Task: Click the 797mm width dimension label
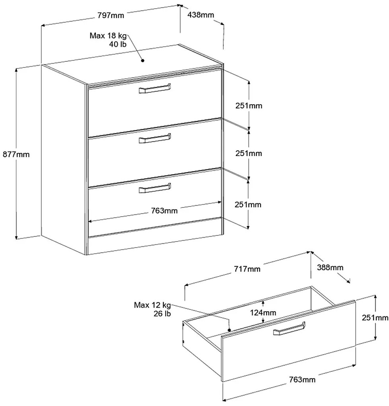[111, 16]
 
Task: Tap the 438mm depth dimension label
[201, 15]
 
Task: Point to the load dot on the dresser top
[142, 61]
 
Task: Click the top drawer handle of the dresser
[155, 89]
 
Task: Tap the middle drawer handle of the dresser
[155, 138]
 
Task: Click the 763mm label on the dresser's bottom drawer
[164, 210]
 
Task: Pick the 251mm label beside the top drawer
[249, 106]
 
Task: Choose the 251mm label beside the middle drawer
[249, 153]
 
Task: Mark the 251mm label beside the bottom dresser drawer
[248, 205]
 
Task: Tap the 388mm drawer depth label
[330, 267]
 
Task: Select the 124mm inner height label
[263, 313]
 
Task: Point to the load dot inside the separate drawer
[230, 329]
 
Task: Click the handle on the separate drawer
[289, 329]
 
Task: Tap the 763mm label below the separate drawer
[302, 380]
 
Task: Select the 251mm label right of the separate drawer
[375, 318]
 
